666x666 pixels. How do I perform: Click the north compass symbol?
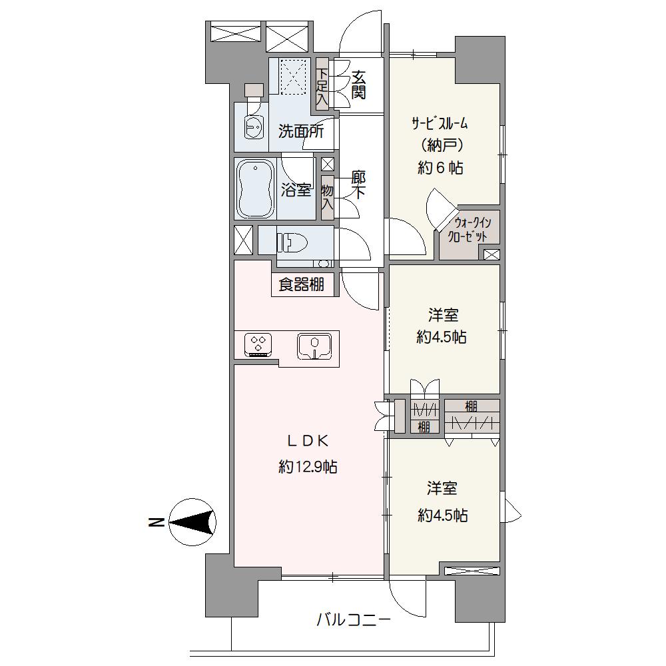192,521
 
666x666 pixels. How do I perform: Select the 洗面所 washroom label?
301,131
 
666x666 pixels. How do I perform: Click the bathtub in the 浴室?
255,189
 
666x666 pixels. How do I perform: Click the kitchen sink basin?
314,346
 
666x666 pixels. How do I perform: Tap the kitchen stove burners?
258,344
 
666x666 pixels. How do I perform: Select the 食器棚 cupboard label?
301,284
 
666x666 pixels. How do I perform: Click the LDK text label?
308,442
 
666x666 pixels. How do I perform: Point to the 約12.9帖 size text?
308,468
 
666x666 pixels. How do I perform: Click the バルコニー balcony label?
354,620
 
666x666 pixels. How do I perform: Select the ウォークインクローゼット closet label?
468,229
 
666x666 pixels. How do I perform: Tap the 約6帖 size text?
440,168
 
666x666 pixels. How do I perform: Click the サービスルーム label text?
440,124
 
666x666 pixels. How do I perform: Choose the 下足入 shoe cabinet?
322,87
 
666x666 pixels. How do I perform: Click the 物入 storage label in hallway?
327,197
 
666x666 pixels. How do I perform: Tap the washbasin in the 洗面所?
254,126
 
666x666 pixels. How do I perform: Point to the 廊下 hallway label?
358,184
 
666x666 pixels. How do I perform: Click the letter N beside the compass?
157,522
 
